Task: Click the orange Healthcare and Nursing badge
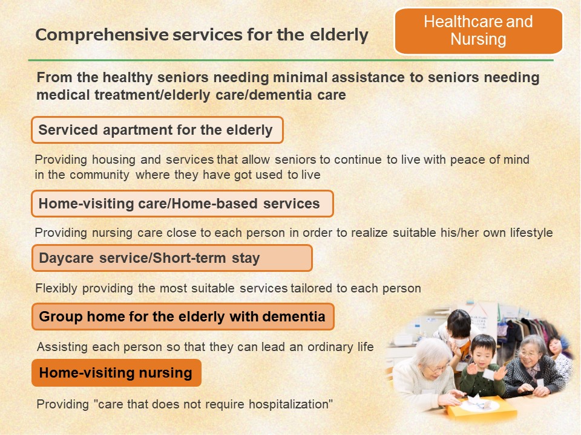pos(478,31)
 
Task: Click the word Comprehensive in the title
pos(102,35)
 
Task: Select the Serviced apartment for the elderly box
pos(157,130)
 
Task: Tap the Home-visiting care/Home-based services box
pos(182,204)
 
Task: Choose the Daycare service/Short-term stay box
pos(172,258)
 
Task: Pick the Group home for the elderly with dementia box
pos(183,317)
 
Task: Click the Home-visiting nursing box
pos(116,373)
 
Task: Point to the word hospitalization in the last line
pos(289,404)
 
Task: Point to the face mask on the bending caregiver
pos(461,343)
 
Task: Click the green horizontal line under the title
pos(291,60)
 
